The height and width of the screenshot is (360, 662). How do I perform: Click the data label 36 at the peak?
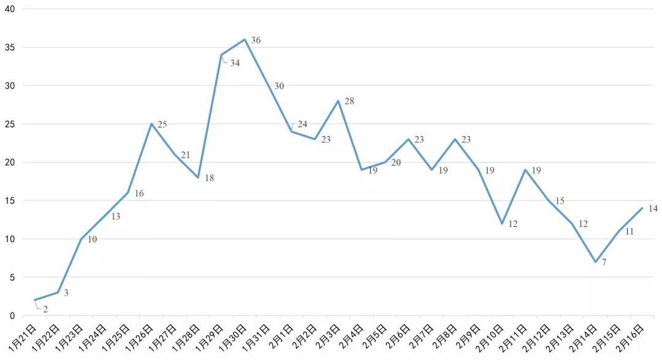[x=256, y=40]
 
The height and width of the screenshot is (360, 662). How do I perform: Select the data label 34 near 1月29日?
[x=235, y=63]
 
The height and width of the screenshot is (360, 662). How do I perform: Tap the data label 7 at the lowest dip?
[x=604, y=262]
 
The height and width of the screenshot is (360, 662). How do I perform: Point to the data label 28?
[x=349, y=101]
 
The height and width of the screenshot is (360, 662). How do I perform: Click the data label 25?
[x=162, y=124]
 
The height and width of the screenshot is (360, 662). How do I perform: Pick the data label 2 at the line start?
[x=45, y=310]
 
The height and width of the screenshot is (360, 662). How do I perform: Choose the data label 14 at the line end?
[x=653, y=209]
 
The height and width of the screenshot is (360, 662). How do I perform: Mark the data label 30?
[x=279, y=86]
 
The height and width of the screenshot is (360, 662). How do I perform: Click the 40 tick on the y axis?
[x=10, y=9]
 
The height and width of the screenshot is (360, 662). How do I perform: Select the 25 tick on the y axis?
[x=10, y=124]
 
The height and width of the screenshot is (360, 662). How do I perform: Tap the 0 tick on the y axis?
[x=12, y=316]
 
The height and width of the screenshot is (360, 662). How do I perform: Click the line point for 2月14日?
[x=595, y=262]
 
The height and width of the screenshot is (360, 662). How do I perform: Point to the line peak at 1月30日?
[x=245, y=39]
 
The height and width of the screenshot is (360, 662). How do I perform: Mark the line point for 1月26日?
[x=151, y=124]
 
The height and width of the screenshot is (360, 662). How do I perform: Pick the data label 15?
[x=560, y=201]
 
